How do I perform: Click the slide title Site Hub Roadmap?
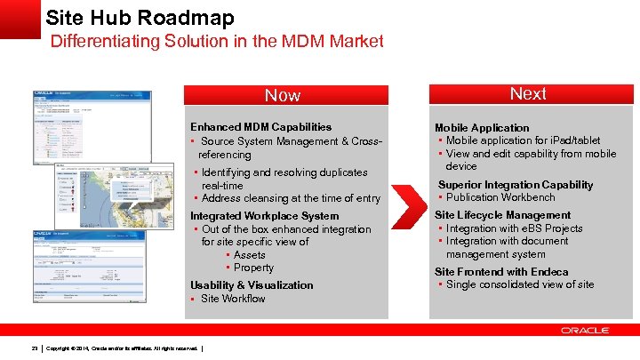click(x=140, y=17)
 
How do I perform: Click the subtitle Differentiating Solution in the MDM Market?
click(x=217, y=41)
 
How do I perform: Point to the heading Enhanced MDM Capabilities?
click(x=260, y=127)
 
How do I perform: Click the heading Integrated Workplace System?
click(x=264, y=216)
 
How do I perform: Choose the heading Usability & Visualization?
click(x=252, y=285)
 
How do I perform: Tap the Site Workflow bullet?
click(x=233, y=299)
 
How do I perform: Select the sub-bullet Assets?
click(x=249, y=255)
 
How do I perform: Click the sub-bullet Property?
click(x=253, y=268)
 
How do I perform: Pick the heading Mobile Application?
click(x=481, y=128)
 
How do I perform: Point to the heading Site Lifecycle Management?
click(x=502, y=215)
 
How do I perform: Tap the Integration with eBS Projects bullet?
click(x=514, y=228)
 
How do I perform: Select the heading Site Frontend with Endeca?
click(x=500, y=272)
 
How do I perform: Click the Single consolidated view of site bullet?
click(x=519, y=284)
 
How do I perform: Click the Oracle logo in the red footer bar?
click(x=584, y=330)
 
